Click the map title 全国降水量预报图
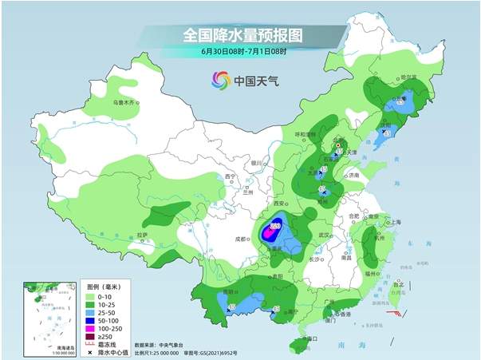[x=244, y=34]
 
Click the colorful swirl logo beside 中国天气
[x=219, y=80]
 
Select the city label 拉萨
[x=142, y=235]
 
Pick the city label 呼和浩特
[x=307, y=134]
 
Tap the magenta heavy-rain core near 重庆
[x=274, y=228]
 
